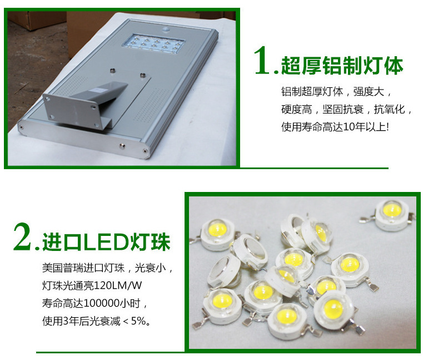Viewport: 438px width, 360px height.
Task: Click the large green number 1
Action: [262, 61]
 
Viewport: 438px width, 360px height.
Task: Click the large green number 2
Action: [22, 236]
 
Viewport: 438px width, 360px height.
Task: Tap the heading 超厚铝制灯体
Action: [342, 66]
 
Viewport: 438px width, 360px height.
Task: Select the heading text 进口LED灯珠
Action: [106, 241]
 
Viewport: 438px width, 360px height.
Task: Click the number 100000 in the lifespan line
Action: [101, 303]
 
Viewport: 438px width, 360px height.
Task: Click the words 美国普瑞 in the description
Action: [63, 268]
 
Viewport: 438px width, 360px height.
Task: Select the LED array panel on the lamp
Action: [153, 43]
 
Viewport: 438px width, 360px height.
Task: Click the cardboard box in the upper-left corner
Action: [36, 19]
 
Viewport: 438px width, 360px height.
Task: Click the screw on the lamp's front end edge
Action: [122, 145]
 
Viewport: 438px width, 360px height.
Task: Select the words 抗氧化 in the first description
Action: [390, 110]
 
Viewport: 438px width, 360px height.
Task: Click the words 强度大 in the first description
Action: [369, 92]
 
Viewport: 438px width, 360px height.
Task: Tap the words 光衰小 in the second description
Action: [150, 268]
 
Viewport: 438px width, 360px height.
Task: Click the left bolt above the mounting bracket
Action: [113, 70]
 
